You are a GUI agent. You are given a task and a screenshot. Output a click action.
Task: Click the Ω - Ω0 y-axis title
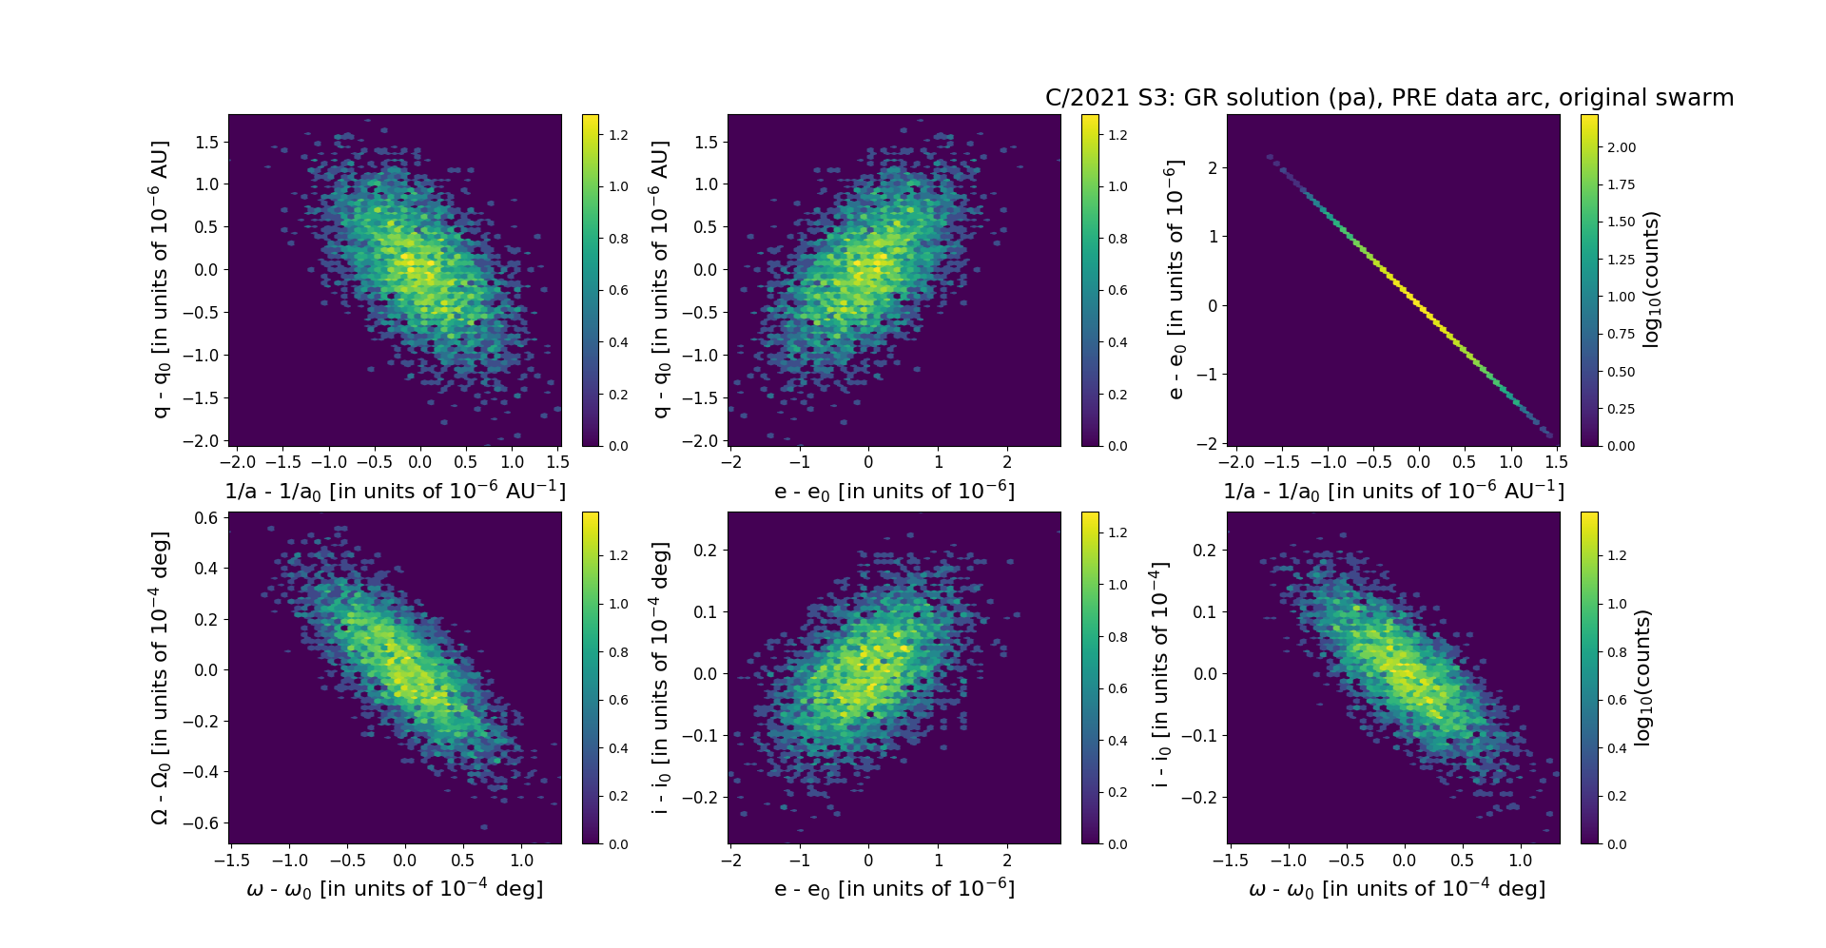(160, 678)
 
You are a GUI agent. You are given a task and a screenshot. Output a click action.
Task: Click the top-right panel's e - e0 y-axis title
(1175, 280)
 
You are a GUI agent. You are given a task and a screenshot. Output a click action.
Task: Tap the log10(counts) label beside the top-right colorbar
(1651, 280)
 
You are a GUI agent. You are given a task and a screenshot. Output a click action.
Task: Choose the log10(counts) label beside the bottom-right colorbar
(1642, 678)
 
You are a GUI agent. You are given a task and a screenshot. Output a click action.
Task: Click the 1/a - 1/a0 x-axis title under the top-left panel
(395, 492)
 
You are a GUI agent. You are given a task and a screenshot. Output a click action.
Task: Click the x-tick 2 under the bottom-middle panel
(1007, 861)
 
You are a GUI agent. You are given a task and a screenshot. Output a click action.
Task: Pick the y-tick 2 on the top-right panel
(1212, 167)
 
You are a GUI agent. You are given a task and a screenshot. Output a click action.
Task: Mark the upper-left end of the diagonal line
(1271, 157)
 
